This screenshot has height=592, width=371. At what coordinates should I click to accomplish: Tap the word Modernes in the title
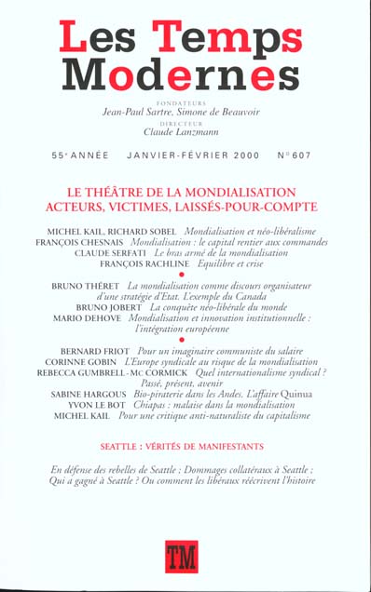pos(186,74)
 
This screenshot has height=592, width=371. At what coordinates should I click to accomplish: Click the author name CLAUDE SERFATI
pos(123,253)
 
